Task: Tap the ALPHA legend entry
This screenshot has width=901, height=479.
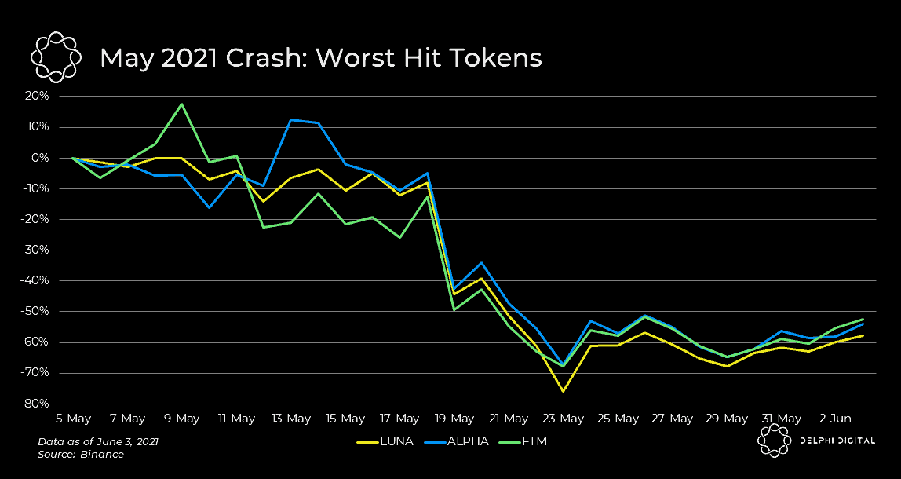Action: (459, 441)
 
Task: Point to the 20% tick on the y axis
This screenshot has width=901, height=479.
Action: (38, 96)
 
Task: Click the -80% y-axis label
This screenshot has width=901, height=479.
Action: (36, 404)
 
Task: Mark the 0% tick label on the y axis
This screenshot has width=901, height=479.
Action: (41, 158)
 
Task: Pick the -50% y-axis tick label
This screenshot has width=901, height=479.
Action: (36, 311)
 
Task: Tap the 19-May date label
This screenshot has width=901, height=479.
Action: (454, 419)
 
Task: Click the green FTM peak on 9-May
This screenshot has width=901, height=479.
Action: (182, 104)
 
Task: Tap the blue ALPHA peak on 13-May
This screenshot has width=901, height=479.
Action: (291, 120)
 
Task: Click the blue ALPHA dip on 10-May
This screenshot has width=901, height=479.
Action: (210, 207)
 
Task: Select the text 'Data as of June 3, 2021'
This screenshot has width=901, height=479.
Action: (98, 442)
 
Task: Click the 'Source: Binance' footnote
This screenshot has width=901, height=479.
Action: (81, 455)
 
